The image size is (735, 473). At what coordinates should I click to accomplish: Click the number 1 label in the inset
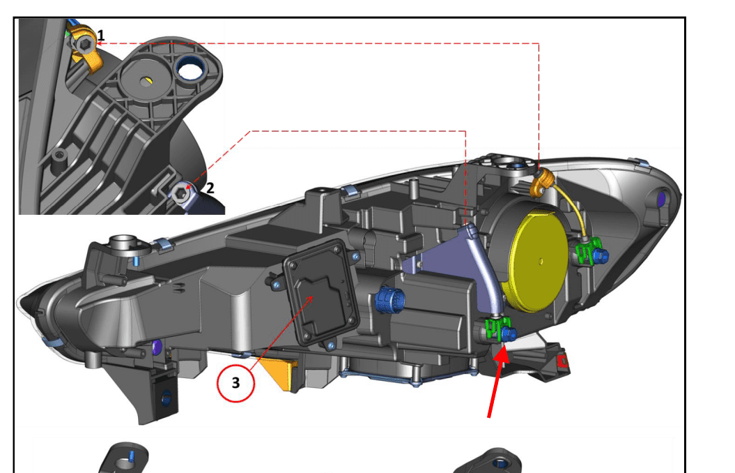[x=101, y=34]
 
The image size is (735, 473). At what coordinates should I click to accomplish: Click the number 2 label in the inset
[x=210, y=187]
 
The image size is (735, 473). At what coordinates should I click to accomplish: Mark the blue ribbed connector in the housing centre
[x=386, y=301]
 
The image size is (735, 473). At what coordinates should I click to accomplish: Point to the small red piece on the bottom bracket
[x=563, y=362]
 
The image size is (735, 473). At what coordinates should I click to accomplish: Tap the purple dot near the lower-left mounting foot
[x=156, y=347]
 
